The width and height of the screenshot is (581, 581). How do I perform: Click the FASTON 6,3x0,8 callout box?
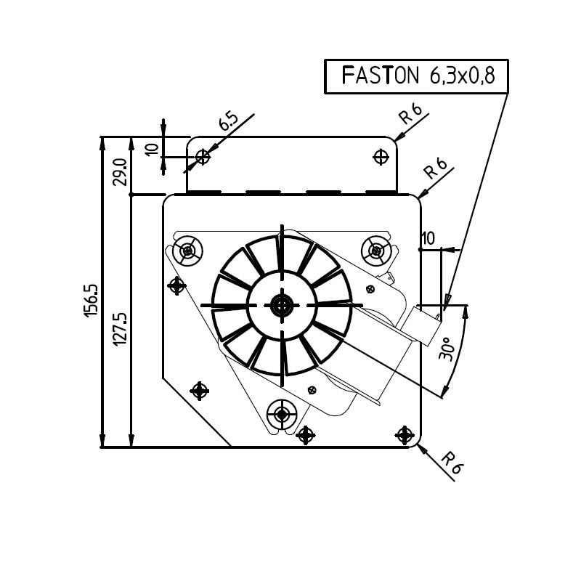click(416, 76)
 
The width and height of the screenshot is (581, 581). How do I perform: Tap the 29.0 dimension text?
click(121, 173)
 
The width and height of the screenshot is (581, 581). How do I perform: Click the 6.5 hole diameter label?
click(228, 122)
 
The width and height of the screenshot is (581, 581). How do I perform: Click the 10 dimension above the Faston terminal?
click(428, 238)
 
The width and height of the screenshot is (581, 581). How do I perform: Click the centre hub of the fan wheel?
click(281, 306)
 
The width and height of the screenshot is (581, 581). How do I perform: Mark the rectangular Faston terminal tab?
click(426, 325)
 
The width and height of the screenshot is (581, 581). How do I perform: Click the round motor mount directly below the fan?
click(282, 416)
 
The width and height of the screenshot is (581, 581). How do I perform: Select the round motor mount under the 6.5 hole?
click(188, 251)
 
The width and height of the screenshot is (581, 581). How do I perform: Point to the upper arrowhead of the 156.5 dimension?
click(102, 141)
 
